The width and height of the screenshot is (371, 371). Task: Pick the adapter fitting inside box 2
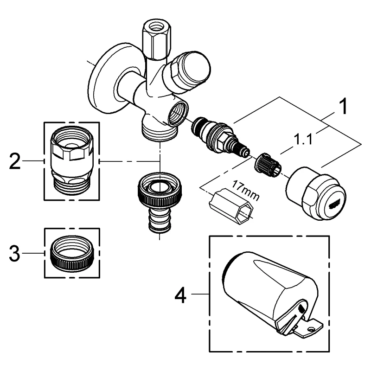(71, 160)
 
